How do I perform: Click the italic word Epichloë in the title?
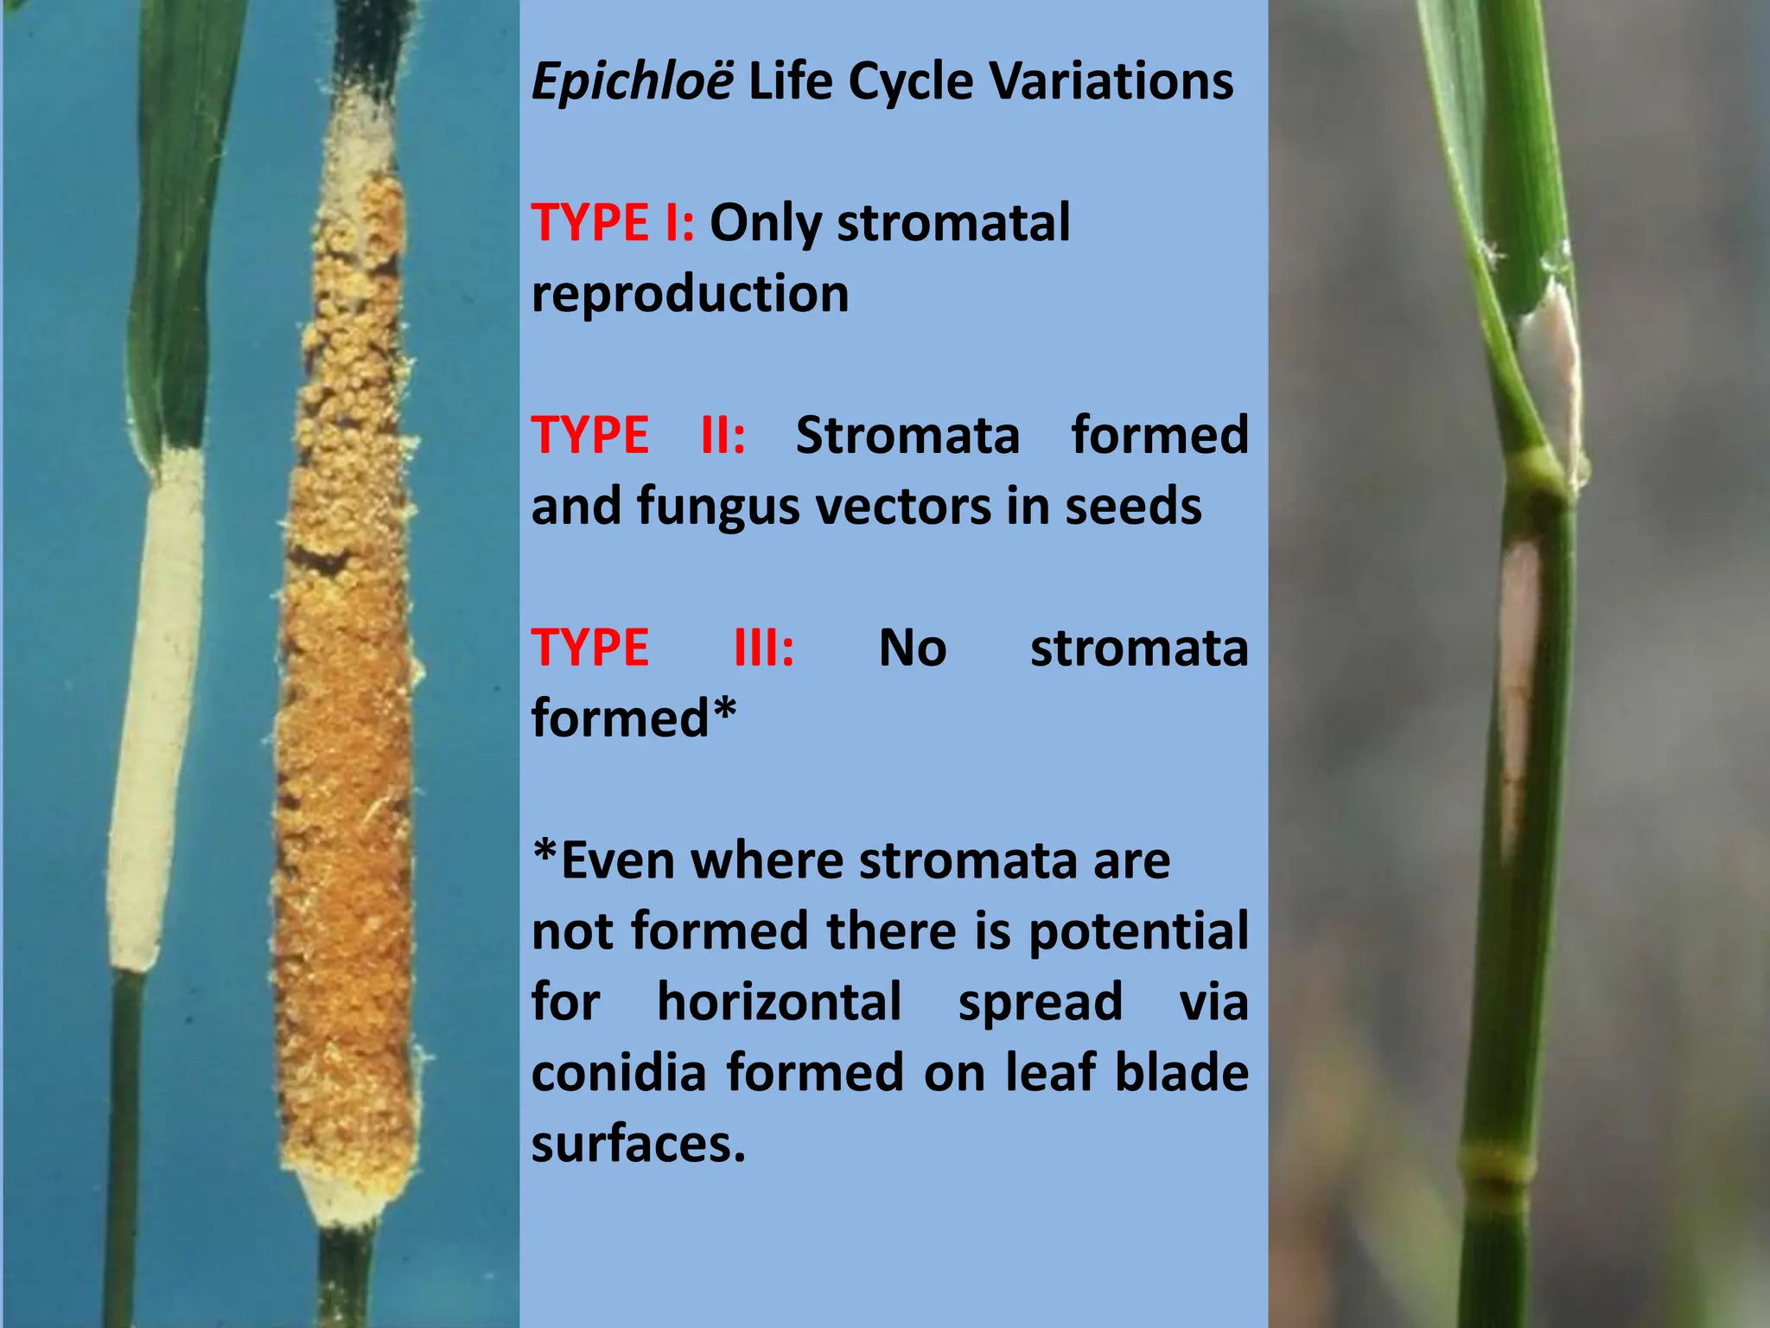point(633,83)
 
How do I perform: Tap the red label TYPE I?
point(612,222)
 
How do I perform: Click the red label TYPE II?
point(638,435)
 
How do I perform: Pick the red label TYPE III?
point(662,648)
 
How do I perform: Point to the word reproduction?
point(690,294)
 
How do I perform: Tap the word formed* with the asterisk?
point(633,718)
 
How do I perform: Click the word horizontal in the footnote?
point(779,1002)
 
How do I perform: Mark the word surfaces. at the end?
point(638,1144)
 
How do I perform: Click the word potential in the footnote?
point(1138,931)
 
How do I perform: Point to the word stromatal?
point(953,222)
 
